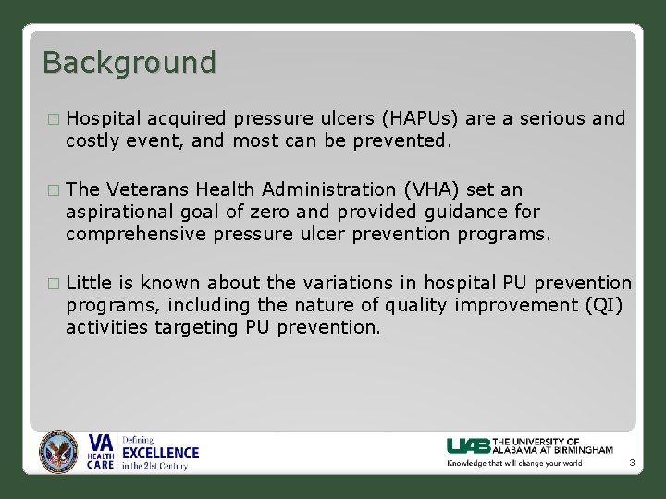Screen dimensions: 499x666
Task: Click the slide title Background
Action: coord(129,63)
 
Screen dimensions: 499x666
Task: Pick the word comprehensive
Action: coord(136,234)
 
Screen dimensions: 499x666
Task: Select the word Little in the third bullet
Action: coord(89,283)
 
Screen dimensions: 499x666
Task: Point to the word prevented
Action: coord(407,141)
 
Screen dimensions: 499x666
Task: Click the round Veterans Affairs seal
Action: coord(59,453)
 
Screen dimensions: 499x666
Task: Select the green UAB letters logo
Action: coord(469,445)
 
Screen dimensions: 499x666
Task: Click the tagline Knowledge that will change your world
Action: coord(515,463)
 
